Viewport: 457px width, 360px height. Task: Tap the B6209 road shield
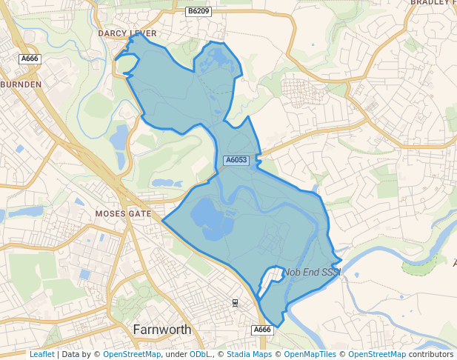pyautogui.click(x=199, y=11)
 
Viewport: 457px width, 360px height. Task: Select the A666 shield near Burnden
pyautogui.click(x=30, y=59)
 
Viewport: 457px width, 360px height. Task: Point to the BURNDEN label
pyautogui.click(x=21, y=85)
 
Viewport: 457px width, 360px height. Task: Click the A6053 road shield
pyautogui.click(x=236, y=160)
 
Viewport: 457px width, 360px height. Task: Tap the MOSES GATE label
pyautogui.click(x=123, y=213)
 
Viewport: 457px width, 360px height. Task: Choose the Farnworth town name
pyautogui.click(x=161, y=329)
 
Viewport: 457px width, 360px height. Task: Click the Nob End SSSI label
pyautogui.click(x=311, y=273)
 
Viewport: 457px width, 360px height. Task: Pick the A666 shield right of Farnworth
pyautogui.click(x=262, y=330)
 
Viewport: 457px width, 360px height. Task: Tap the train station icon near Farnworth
pyautogui.click(x=235, y=303)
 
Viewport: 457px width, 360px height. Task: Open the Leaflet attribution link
pyautogui.click(x=41, y=354)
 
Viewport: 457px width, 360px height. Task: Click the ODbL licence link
pyautogui.click(x=199, y=354)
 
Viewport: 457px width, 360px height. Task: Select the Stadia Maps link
pyautogui.click(x=249, y=354)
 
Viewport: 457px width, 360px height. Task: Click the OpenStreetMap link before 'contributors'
pyautogui.click(x=377, y=354)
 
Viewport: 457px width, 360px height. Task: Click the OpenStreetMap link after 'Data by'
pyautogui.click(x=132, y=354)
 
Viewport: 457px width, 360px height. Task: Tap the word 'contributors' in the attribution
pyautogui.click(x=431, y=354)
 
